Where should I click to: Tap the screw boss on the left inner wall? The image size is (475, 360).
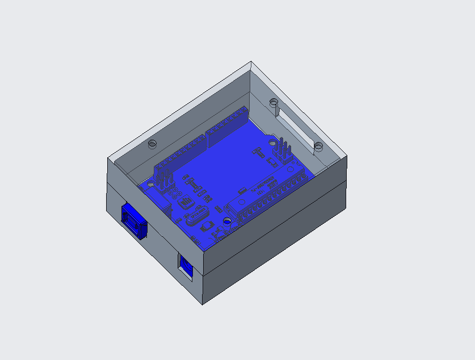click(x=152, y=143)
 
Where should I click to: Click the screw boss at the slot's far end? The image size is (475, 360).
click(x=274, y=103)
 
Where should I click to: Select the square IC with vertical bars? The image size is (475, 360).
click(x=184, y=202)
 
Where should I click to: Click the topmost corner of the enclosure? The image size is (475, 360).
click(x=250, y=62)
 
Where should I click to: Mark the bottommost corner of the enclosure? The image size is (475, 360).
click(x=203, y=304)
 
